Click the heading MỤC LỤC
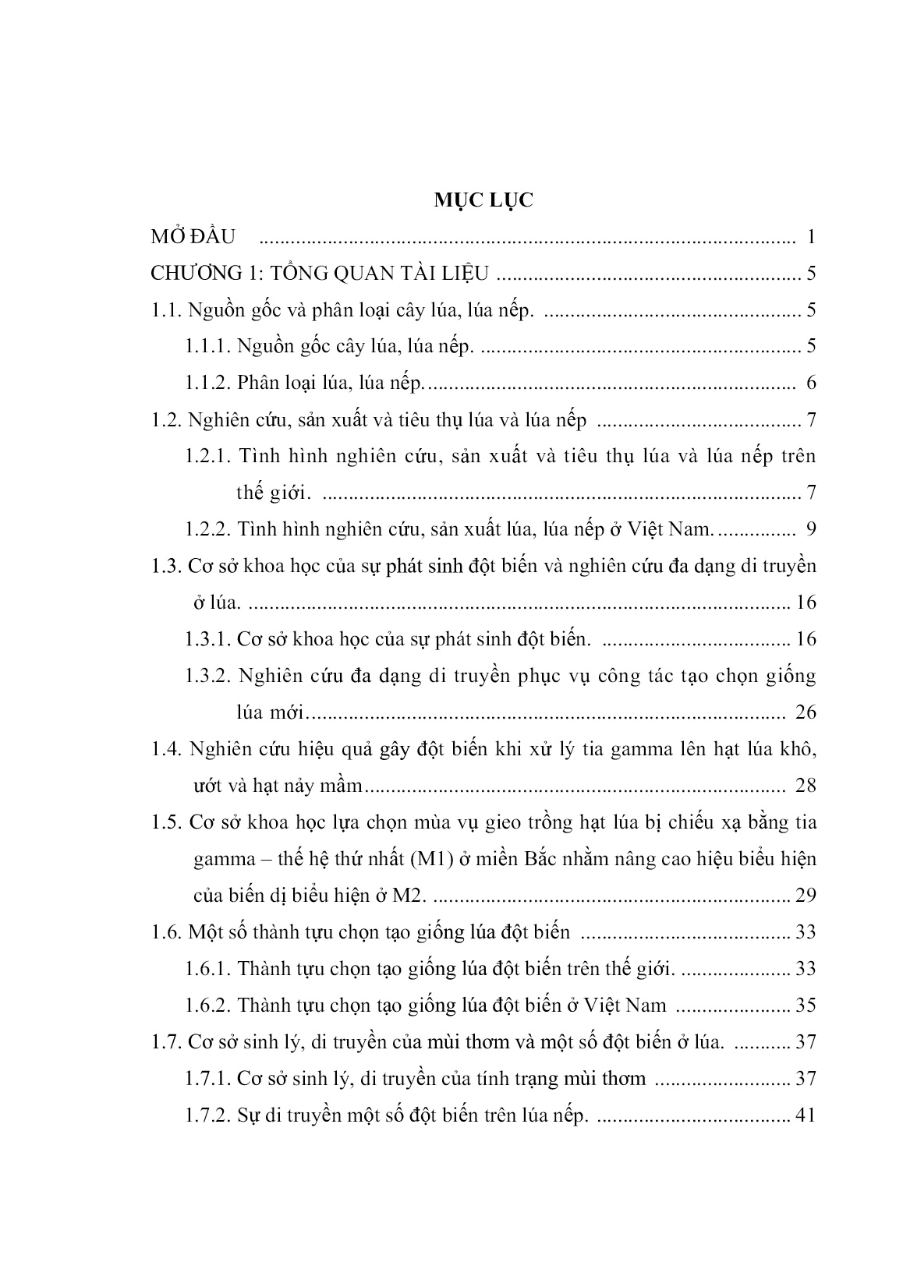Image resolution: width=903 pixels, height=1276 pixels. pyautogui.click(x=483, y=200)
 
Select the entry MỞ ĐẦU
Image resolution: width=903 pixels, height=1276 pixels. pyautogui.click(x=193, y=237)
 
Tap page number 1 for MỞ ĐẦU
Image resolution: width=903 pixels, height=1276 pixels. pyautogui.click(x=811, y=237)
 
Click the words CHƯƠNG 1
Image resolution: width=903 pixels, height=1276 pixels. pyautogui.click(x=198, y=274)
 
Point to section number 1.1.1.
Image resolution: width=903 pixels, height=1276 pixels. pyautogui.click(x=207, y=346)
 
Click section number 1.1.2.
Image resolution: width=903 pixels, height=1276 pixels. pyautogui.click(x=207, y=383)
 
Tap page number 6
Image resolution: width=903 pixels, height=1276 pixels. pyautogui.click(x=811, y=383)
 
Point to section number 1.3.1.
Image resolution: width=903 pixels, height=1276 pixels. pyautogui.click(x=207, y=639)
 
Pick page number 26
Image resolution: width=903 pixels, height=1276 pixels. pyautogui.click(x=804, y=712)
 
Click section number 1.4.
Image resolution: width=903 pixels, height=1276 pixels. pyautogui.click(x=166, y=749)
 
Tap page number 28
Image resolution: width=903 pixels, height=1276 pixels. pyautogui.click(x=806, y=785)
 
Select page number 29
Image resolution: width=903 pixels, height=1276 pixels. pyautogui.click(x=804, y=895)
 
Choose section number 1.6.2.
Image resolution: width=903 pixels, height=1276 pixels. pyautogui.click(x=207, y=1006)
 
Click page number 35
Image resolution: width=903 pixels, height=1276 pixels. pyautogui.click(x=805, y=1006)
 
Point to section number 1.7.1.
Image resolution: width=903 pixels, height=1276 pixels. pyautogui.click(x=207, y=1079)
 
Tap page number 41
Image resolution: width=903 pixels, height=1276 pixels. pyautogui.click(x=804, y=1115)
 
